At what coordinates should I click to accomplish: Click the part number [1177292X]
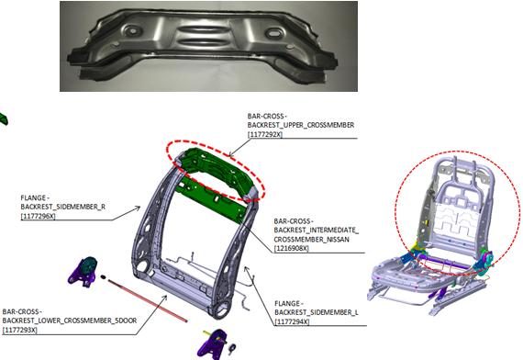click(265, 134)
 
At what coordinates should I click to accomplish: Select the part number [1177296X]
click(38, 216)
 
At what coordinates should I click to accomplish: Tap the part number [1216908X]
click(291, 249)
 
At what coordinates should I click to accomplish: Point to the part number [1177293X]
click(19, 330)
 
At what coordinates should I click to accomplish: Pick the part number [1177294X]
click(292, 321)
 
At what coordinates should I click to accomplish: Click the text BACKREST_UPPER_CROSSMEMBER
click(301, 125)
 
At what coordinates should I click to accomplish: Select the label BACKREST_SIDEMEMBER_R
click(62, 207)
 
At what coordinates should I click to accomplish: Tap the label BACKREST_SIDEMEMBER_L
click(317, 312)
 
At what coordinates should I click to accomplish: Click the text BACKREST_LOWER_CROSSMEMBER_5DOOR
click(70, 321)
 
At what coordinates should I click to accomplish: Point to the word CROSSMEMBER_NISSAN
click(312, 240)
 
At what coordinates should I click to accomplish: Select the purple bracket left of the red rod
click(83, 272)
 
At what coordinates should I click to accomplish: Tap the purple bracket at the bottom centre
click(213, 344)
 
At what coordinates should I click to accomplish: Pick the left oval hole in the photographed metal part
click(133, 31)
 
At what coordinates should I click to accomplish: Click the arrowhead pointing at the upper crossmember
click(230, 155)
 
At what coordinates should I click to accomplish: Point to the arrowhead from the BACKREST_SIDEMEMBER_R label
click(138, 208)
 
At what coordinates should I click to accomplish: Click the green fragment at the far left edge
click(4, 118)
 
